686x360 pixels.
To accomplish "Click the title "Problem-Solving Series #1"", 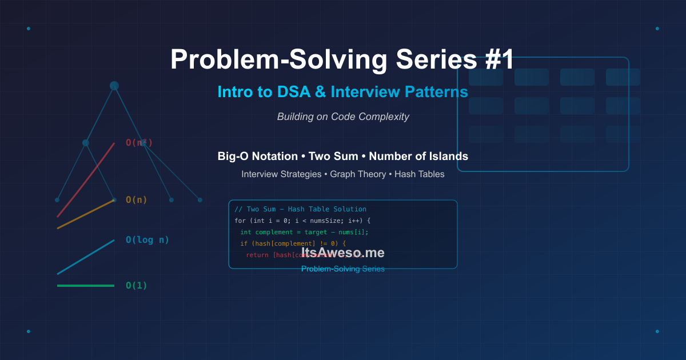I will click(342, 60).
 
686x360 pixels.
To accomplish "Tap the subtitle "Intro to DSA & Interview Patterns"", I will click(342, 92).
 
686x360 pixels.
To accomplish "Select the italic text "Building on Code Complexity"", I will click(343, 117).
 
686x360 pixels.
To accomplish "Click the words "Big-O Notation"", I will click(257, 157).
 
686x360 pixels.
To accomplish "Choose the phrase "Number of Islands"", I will click(418, 157).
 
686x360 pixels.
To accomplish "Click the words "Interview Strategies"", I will click(281, 174).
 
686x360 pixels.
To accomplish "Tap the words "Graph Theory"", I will click(358, 174).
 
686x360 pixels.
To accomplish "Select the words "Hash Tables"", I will click(419, 174).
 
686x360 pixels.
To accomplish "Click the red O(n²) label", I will click(139, 143).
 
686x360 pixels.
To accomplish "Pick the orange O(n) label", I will click(137, 200).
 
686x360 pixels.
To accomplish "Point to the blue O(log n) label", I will click(147, 240).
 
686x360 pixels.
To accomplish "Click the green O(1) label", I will click(137, 286).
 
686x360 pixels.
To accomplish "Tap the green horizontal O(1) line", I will click(86, 285).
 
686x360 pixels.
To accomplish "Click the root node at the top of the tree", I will click(114, 86).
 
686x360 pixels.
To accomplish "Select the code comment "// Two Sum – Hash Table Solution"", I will click(300, 209).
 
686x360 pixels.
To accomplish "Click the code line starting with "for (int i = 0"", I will click(303, 221).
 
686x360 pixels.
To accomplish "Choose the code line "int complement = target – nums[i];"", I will click(304, 232).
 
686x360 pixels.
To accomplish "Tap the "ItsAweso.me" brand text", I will click(343, 253).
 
